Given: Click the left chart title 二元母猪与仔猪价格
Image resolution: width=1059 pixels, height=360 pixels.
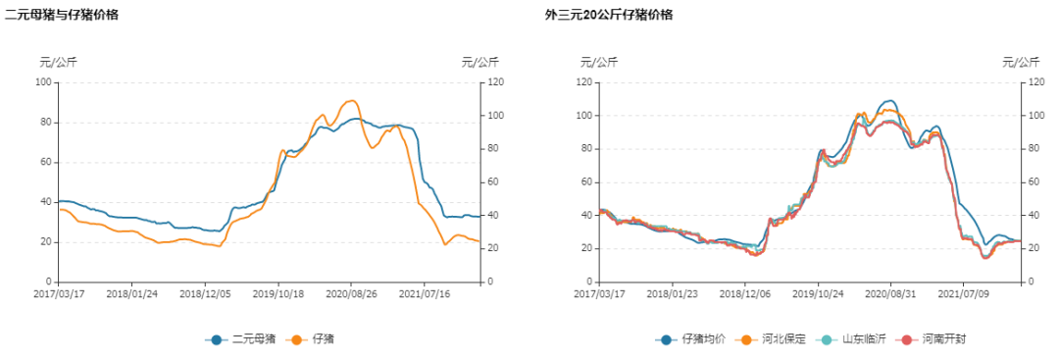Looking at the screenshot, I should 62,15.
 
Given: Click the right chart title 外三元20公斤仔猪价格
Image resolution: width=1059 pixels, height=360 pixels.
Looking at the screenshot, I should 609,15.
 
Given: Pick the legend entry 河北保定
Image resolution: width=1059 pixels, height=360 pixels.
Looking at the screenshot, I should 776,339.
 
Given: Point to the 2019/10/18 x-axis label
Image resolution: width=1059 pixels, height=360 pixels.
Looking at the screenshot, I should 280,292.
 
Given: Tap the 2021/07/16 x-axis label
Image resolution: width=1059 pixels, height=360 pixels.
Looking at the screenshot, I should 428,292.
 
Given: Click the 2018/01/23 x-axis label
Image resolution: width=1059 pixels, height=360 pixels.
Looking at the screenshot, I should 672,292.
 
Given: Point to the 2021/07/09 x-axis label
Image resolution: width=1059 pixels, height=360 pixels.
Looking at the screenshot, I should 964,292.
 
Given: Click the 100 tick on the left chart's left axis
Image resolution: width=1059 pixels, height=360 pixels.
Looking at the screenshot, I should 43,82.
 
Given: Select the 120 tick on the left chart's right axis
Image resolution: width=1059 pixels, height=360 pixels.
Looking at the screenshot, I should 497,82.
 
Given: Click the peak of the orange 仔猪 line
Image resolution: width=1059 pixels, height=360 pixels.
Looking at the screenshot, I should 353,100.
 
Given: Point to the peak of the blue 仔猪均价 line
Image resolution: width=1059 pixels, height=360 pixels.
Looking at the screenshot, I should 888,101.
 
